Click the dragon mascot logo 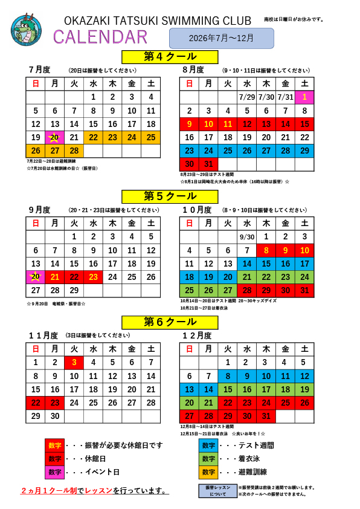point(27,30)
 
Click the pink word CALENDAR point(100,37)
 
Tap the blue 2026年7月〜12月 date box point(221,38)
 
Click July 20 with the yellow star point(54,137)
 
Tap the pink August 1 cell point(304,97)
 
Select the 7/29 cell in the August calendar point(246,97)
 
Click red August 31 point(208,164)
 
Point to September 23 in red point(93,277)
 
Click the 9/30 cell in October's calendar point(246,237)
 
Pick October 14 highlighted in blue point(246,264)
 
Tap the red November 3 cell point(74,362)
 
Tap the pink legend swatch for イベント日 point(54,472)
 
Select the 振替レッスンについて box point(217,490)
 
